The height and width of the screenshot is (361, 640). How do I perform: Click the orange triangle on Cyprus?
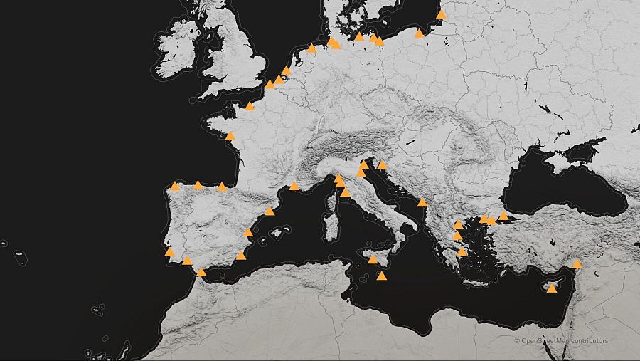coord(552,288)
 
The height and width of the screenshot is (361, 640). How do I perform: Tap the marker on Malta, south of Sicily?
coord(382,276)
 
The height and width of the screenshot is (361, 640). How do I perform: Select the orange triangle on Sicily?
coord(372,259)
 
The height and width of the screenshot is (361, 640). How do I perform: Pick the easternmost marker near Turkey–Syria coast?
coord(577,263)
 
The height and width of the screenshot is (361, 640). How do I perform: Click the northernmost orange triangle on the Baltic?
coord(442,14)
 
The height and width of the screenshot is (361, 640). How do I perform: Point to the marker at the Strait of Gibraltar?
coord(201,271)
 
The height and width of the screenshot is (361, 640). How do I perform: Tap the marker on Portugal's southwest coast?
coord(169,251)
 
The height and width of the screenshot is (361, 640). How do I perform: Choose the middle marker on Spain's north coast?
coord(198,185)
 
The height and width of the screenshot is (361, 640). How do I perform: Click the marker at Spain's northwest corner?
coord(175,186)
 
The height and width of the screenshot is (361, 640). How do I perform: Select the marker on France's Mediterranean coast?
coord(294,186)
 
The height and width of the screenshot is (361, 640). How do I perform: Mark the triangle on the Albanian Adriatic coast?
coord(422,202)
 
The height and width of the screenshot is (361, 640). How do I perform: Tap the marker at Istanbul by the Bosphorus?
coord(503,215)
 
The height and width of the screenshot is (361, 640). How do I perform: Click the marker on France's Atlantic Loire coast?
coord(230,135)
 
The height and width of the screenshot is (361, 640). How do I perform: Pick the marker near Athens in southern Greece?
coord(462,251)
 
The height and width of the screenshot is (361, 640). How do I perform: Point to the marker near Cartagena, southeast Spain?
coord(241,255)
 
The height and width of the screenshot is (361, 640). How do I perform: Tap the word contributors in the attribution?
coord(590,341)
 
